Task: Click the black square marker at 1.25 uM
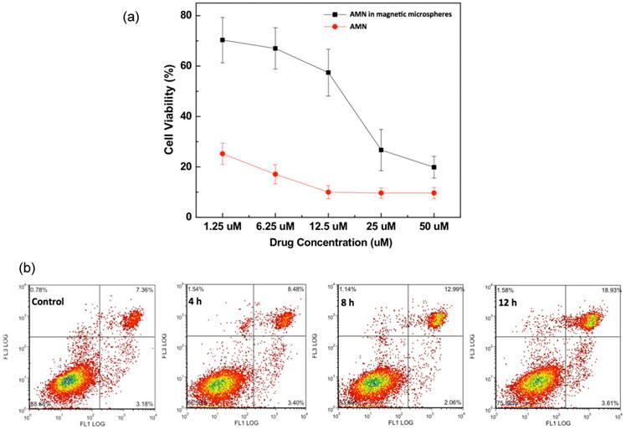point(223,39)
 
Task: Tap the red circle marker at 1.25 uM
point(223,154)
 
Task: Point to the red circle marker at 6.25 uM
point(275,174)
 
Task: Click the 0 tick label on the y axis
point(188,217)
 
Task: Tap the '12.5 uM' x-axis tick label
point(328,227)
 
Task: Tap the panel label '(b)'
point(29,269)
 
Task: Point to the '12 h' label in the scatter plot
point(506,301)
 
